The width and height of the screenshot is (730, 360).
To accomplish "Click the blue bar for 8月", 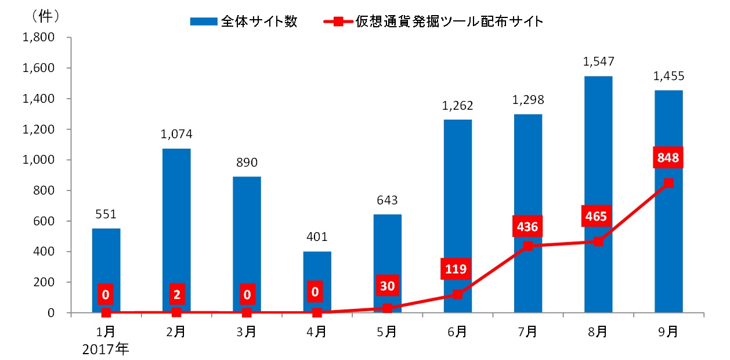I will point(598,174).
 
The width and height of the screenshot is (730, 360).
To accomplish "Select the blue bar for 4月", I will point(317,273).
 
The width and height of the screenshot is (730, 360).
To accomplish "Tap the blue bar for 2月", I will point(176,221).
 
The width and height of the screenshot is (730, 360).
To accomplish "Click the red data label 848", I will point(668,158).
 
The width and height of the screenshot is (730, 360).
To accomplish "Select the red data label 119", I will point(457,269).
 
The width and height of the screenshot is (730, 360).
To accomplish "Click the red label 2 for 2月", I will point(176,295).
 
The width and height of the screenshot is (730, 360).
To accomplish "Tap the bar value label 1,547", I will point(598,61).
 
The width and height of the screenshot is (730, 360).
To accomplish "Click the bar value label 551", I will point(106,214).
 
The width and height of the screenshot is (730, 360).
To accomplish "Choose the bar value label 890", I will point(247,163).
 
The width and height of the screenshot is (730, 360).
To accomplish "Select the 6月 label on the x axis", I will point(457,332).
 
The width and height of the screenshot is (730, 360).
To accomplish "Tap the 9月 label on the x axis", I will point(668,332).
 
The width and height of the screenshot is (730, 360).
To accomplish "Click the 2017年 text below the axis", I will point(106,350).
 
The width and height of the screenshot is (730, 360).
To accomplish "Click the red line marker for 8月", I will point(598,242).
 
